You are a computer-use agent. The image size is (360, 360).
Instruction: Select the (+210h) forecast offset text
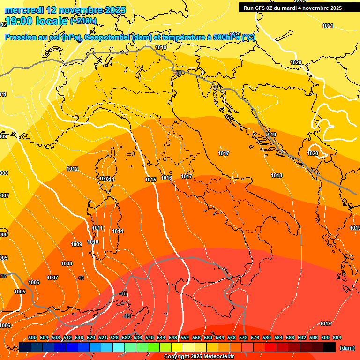pyautogui.click(x=83, y=21)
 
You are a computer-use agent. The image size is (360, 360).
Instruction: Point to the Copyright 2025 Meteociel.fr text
pyautogui.click(x=199, y=357)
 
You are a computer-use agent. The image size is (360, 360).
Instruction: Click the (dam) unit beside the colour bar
pyautogui.click(x=346, y=348)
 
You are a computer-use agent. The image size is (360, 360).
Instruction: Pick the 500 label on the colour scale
pyautogui.click(x=32, y=338)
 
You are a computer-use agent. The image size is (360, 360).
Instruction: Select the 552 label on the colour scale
pyautogui.click(x=185, y=338)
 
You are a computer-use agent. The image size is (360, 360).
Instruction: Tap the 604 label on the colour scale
pyautogui.click(x=337, y=338)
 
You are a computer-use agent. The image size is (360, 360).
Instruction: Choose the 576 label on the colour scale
pyautogui.click(x=255, y=338)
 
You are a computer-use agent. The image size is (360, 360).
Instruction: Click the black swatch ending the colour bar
pyautogui.click(x=330, y=347)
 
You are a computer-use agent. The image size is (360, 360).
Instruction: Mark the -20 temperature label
pyautogui.click(x=178, y=73)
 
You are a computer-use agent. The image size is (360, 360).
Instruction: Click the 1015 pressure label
pyautogui.click(x=150, y=180)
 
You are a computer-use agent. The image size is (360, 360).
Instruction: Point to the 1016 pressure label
pyautogui.click(x=166, y=178)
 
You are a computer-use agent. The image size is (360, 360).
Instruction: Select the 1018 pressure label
pyautogui.click(x=277, y=176)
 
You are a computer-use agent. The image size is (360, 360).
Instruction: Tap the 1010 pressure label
pyautogui.click(x=93, y=242)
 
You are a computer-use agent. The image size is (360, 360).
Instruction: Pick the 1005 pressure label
pyautogui.click(x=20, y=292)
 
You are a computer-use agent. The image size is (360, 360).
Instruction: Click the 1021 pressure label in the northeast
pyautogui.click(x=328, y=26)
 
